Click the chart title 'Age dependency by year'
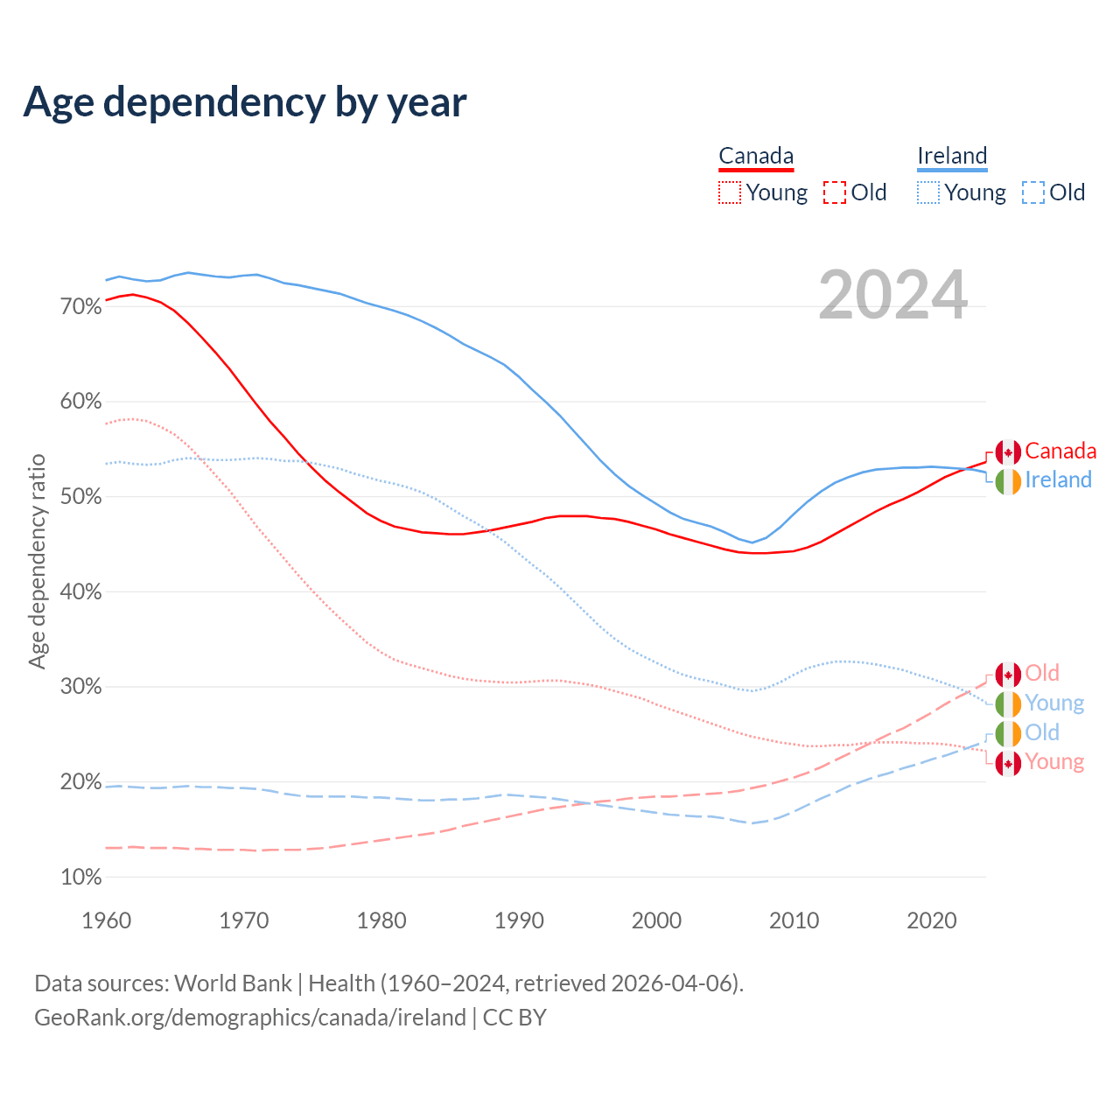click(x=245, y=102)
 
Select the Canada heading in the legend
click(x=756, y=157)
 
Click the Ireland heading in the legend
click(x=952, y=157)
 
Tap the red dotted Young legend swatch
click(x=730, y=192)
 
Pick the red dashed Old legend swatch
click(x=835, y=192)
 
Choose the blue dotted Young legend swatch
click(x=928, y=192)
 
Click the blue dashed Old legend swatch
click(x=1033, y=192)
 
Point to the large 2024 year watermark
click(x=893, y=295)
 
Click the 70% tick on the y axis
click(x=80, y=307)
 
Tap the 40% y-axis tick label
click(x=80, y=592)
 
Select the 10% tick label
click(x=80, y=878)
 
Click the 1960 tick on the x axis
click(x=106, y=920)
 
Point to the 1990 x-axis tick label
click(x=519, y=920)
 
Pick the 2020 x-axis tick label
click(x=932, y=920)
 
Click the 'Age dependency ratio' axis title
click(x=37, y=561)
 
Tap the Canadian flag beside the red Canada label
click(x=1008, y=452)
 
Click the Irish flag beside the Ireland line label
click(x=1008, y=481)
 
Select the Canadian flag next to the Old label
click(x=1008, y=675)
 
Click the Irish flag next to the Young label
click(x=1008, y=704)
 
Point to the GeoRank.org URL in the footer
click(x=250, y=1018)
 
